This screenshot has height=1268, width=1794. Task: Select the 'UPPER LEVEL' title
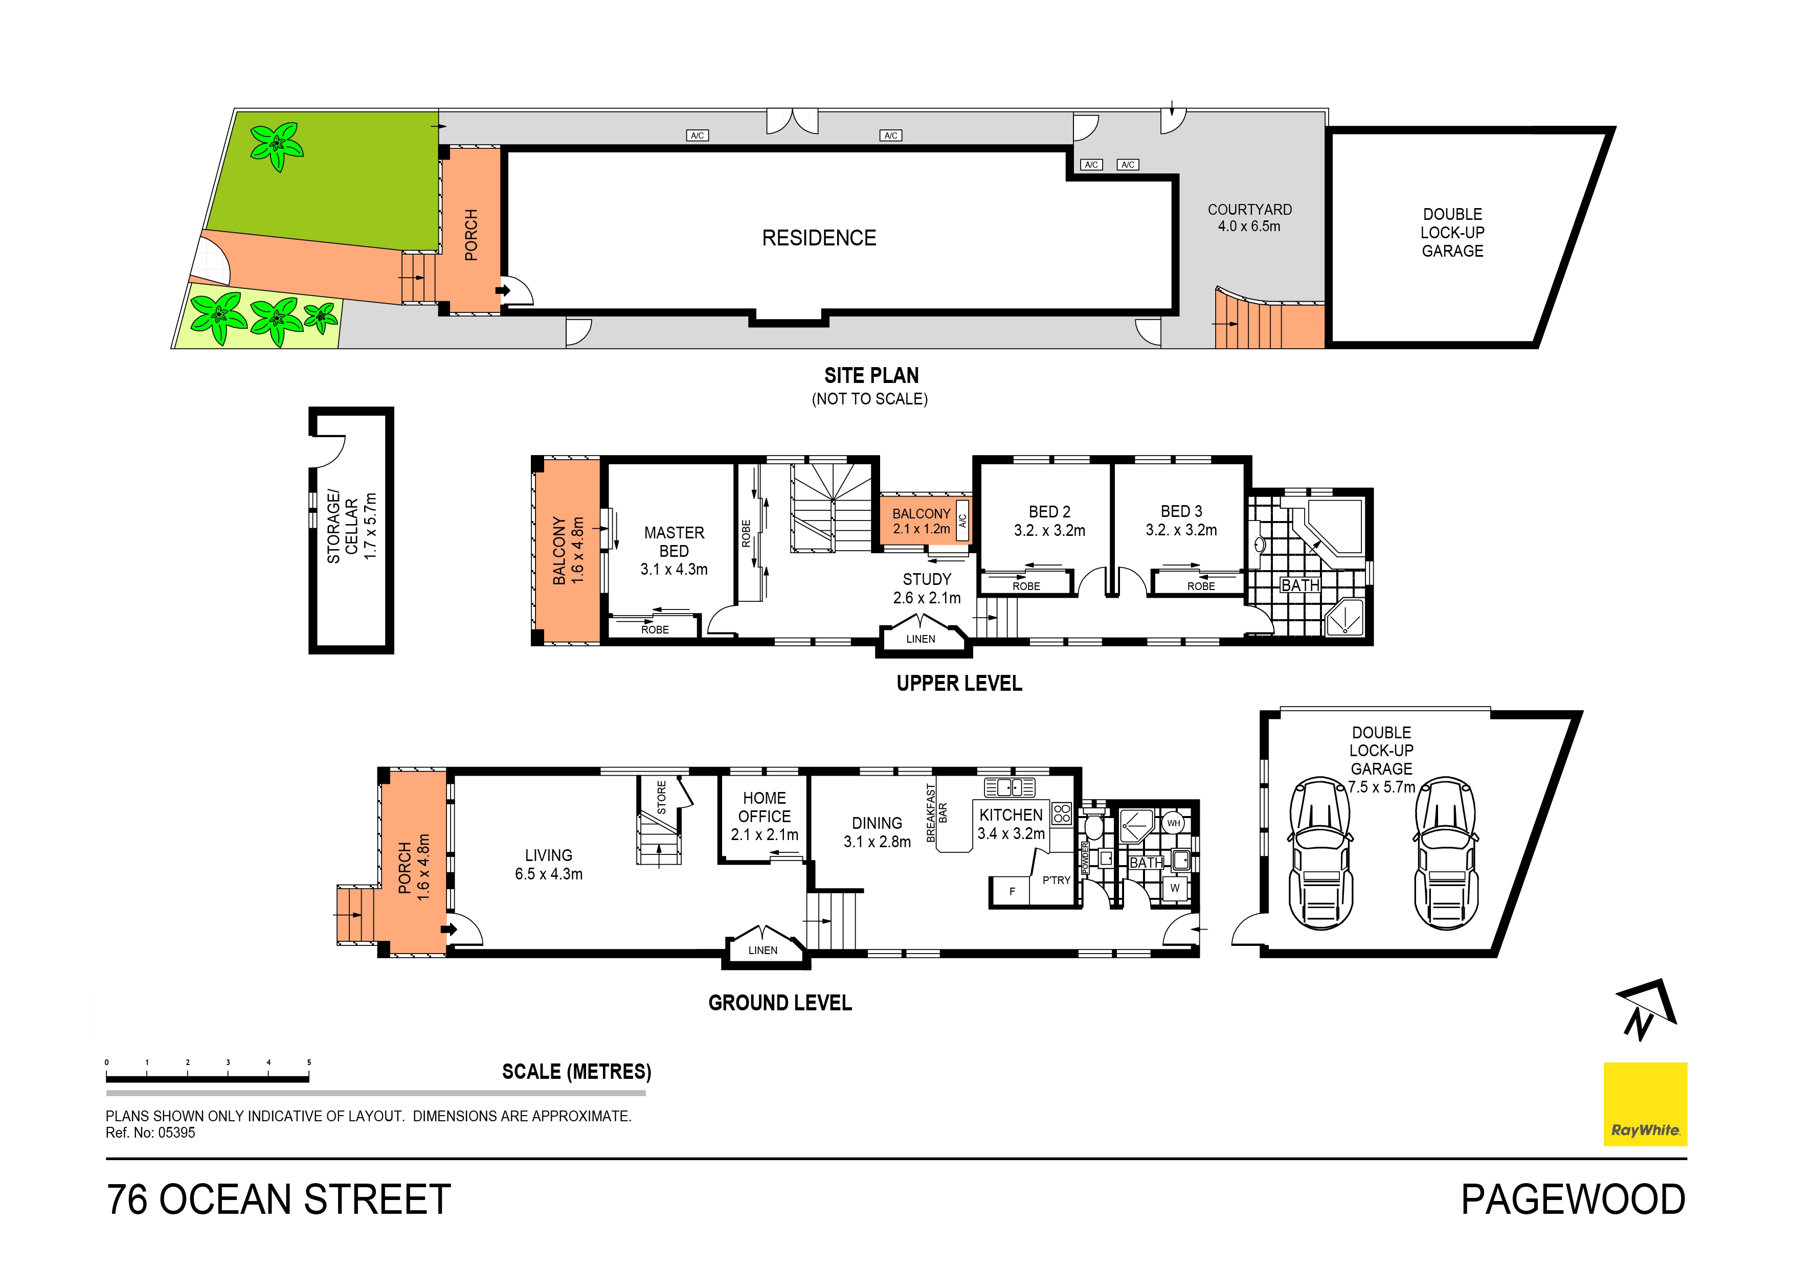point(959,683)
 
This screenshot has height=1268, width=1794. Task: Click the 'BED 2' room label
point(1049,512)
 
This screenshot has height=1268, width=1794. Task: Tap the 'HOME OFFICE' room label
point(764,807)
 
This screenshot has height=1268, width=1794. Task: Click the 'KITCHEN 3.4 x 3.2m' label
point(1011,824)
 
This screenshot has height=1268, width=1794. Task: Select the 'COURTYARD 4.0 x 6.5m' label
point(1249,218)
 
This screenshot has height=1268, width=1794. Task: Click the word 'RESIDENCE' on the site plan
point(819,238)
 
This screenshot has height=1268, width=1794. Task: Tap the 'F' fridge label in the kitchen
point(1012,891)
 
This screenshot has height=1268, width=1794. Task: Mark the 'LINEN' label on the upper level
point(921,639)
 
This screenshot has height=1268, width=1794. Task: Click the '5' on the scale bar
point(309,1062)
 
